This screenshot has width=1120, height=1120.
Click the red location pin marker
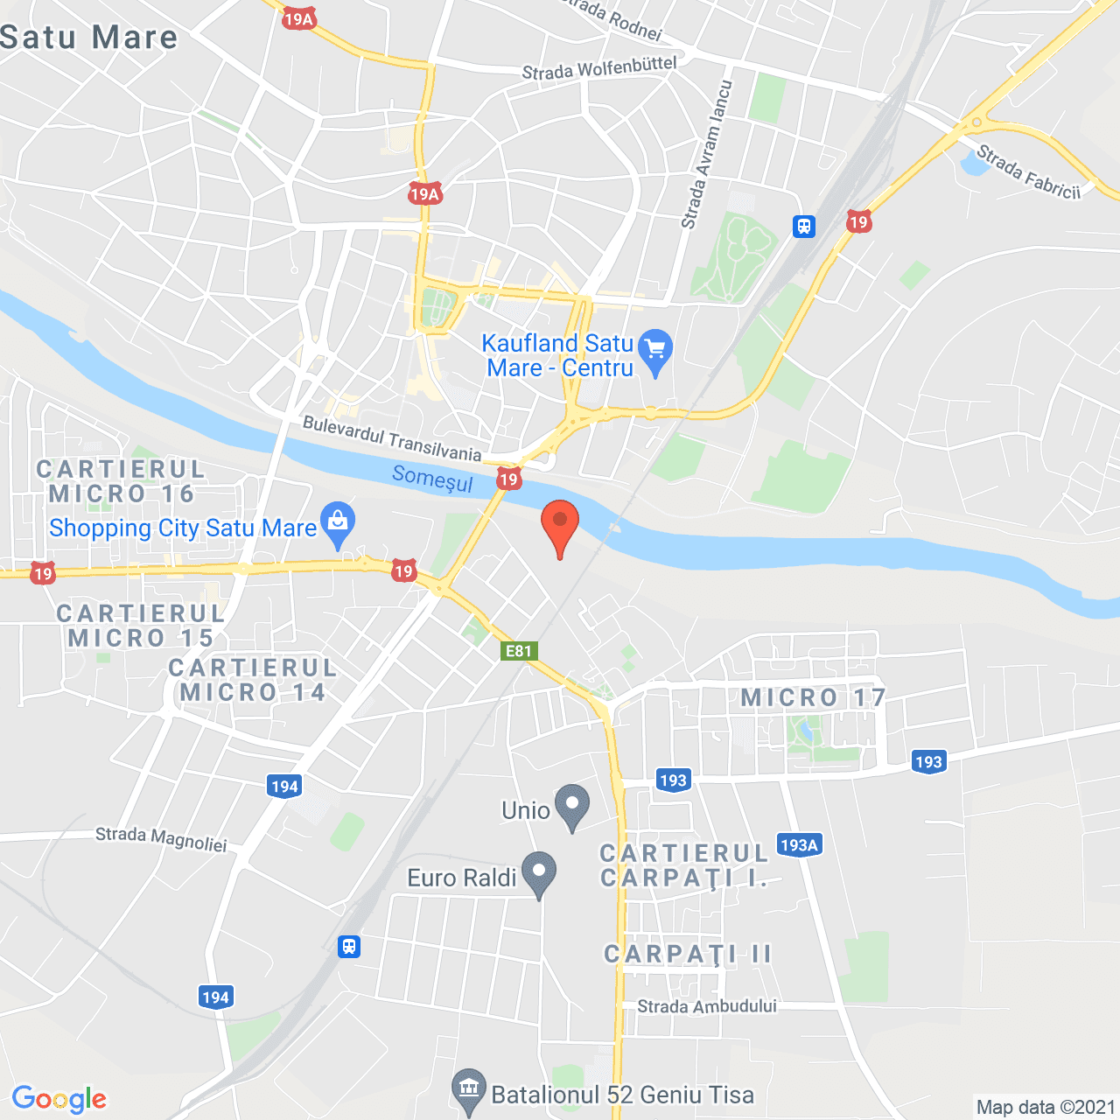(x=560, y=525)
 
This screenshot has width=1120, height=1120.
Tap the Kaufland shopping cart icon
(x=655, y=351)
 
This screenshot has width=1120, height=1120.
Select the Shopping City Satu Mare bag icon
(x=338, y=523)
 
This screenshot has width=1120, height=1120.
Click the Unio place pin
(x=572, y=806)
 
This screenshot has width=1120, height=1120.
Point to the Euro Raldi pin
(x=539, y=873)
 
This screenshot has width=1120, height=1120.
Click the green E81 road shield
(x=519, y=650)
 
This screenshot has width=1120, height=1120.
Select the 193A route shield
(x=799, y=844)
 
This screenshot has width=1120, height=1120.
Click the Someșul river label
(x=432, y=479)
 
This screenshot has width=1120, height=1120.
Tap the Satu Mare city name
(x=89, y=38)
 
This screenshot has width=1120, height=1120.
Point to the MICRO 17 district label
(x=814, y=697)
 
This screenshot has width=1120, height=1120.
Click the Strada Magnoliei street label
(x=161, y=839)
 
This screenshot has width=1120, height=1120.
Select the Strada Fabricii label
(x=1028, y=171)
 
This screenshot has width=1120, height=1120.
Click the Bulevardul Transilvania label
(x=392, y=438)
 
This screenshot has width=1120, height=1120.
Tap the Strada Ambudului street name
(x=707, y=1006)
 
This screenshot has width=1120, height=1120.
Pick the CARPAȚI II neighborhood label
(x=689, y=954)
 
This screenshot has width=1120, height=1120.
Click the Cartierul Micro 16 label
(x=121, y=481)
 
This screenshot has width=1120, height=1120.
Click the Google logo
(x=59, y=1099)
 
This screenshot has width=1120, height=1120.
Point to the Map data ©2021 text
(x=1046, y=1107)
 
